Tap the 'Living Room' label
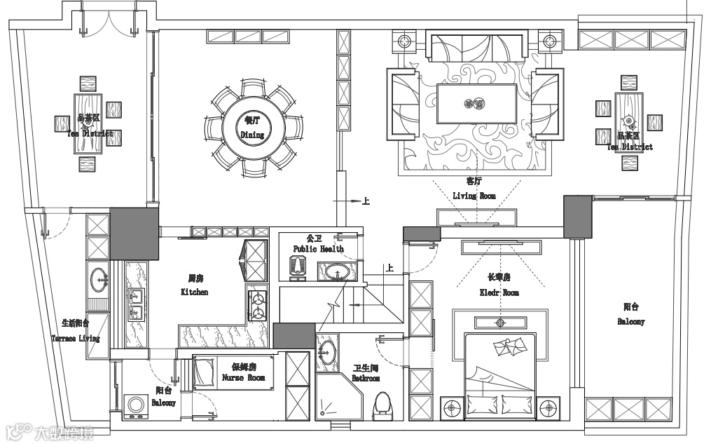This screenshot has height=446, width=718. [474, 196]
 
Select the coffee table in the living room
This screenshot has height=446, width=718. [477, 104]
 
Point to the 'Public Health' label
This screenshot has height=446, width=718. [319, 249]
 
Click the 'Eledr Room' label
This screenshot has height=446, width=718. [499, 292]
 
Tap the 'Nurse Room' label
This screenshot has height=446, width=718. [243, 377]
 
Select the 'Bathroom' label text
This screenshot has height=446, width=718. [366, 379]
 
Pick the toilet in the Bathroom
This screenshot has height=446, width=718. [382, 406]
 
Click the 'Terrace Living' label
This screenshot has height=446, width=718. [76, 338]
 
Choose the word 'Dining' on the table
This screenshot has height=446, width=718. [252, 135]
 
